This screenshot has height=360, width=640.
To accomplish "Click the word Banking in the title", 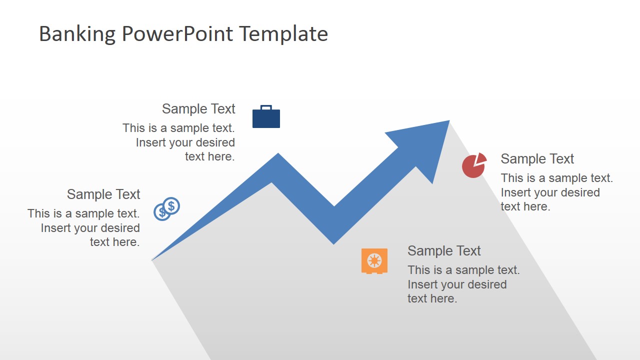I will point(77,34).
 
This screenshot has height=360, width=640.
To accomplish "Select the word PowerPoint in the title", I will point(177,34).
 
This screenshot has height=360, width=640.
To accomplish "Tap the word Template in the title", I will point(283,34).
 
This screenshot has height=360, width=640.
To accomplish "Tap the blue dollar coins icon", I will point(166,208).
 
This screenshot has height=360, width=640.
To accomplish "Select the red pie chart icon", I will point(473,166).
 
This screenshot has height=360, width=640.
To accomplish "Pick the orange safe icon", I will point(374,261).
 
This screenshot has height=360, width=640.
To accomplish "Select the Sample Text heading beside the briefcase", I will point(198,109).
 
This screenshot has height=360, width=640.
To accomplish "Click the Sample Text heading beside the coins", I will point(103,194).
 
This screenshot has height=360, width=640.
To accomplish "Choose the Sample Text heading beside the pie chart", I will point(537,159).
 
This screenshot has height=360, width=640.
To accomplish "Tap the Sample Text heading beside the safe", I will point(444,251).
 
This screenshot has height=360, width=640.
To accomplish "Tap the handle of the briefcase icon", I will point(266,107).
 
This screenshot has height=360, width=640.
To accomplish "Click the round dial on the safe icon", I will point(374,260).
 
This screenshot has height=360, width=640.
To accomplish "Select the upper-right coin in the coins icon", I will point(171,205).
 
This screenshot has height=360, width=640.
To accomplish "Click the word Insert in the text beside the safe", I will point(422,284).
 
